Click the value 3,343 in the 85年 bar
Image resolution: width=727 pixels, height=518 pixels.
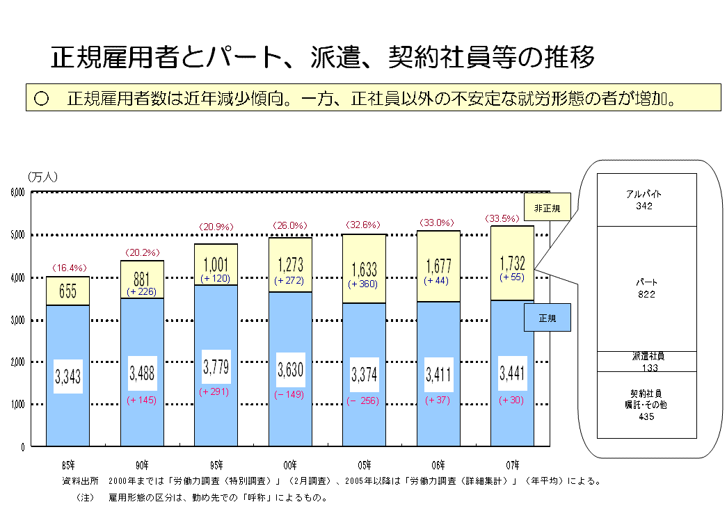(x=68, y=378)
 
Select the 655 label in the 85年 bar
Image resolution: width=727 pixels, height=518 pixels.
(x=68, y=291)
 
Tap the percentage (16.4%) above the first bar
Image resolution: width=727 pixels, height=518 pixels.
(x=68, y=268)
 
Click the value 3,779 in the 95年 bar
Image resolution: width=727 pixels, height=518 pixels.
(x=216, y=366)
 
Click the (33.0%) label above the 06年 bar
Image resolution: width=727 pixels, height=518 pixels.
(x=438, y=222)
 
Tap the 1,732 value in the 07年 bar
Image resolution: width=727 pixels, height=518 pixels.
(x=512, y=263)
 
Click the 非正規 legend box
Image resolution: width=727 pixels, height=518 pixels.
(x=547, y=207)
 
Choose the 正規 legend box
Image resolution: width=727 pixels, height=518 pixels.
(x=547, y=318)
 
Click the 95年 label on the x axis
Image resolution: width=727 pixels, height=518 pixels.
(x=216, y=464)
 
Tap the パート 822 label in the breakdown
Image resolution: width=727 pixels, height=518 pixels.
(x=646, y=289)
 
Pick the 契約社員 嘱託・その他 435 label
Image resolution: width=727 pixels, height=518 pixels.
(x=646, y=405)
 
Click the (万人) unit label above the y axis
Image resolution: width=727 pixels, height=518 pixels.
(x=43, y=177)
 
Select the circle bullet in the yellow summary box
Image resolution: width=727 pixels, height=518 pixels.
(x=40, y=99)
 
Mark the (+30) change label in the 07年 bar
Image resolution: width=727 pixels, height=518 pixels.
(x=512, y=400)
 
